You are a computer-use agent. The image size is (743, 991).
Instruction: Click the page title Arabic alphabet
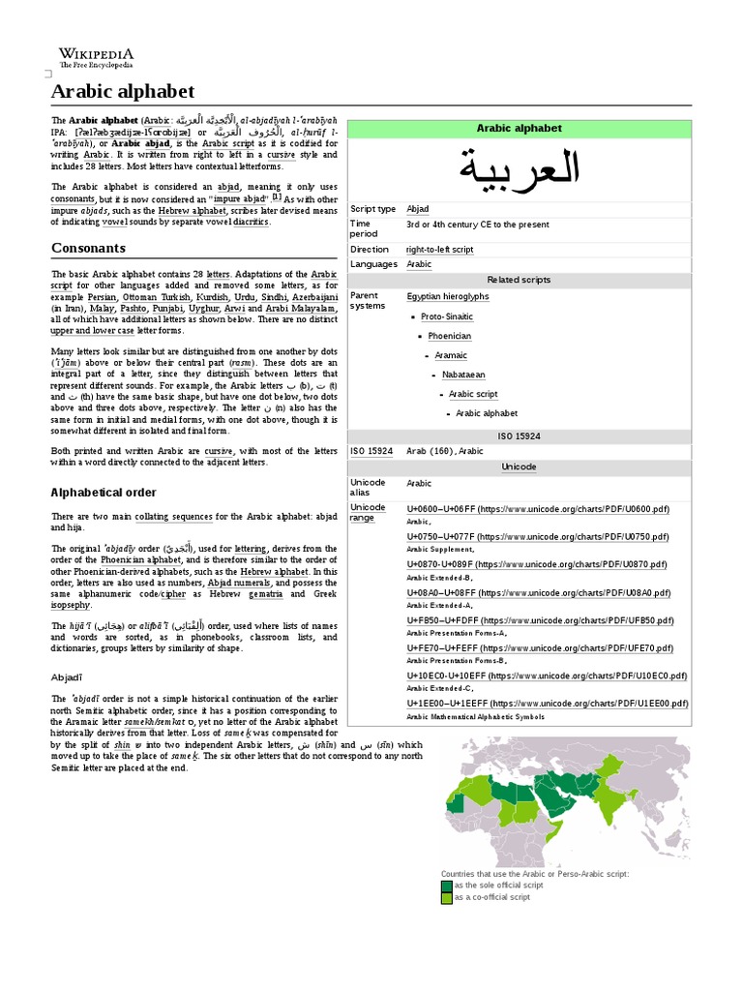(x=122, y=92)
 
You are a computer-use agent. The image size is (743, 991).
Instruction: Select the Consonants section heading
(x=89, y=248)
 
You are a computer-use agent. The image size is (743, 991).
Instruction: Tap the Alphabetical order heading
(x=104, y=492)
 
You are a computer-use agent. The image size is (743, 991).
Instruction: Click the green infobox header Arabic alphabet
(x=519, y=128)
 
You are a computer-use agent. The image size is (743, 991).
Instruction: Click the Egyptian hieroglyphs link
(x=447, y=296)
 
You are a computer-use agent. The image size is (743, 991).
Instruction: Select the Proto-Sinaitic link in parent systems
(x=447, y=316)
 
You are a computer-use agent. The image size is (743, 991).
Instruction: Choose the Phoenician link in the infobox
(x=449, y=336)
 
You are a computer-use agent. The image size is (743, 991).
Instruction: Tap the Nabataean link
(x=463, y=375)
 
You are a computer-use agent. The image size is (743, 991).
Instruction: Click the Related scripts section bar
(x=519, y=280)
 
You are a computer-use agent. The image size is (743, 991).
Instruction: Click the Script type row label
(x=372, y=209)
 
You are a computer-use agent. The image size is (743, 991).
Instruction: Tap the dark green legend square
(x=446, y=885)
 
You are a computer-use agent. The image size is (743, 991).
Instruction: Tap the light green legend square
(x=446, y=897)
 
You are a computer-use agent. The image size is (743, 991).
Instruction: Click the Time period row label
(x=365, y=228)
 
